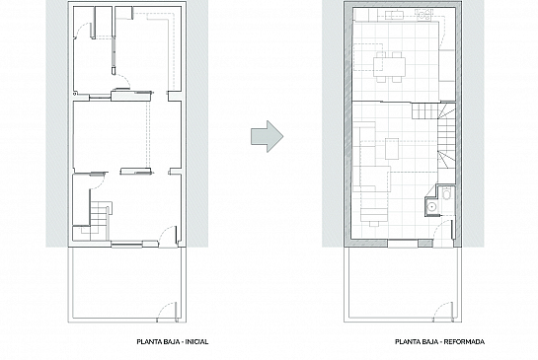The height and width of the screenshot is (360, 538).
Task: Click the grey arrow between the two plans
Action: pyautogui.click(x=267, y=136)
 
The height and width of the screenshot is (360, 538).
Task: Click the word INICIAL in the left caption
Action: pyautogui.click(x=196, y=342)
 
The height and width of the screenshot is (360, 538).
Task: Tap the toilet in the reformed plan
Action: pyautogui.click(x=446, y=193)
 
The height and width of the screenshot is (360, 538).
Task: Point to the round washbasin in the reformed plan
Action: pyautogui.click(x=431, y=206)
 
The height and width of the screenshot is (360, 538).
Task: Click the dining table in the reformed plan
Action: pyautogui.click(x=389, y=67)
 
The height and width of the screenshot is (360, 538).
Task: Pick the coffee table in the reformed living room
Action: pyautogui.click(x=392, y=149)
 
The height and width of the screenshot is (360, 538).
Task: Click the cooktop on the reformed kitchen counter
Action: pyautogui.click(x=424, y=14)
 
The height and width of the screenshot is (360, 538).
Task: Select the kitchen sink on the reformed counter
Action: pyautogui.click(x=394, y=15)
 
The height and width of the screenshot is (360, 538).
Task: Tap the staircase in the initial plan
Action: pyautogui.click(x=100, y=216)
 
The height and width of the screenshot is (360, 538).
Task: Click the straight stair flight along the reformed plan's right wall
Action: pyautogui.click(x=444, y=135)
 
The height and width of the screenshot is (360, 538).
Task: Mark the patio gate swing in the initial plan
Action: pyautogui.click(x=167, y=312)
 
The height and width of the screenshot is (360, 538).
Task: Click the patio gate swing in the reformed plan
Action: pyautogui.click(x=443, y=312)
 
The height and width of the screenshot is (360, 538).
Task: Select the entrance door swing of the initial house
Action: pyautogui.click(x=168, y=236)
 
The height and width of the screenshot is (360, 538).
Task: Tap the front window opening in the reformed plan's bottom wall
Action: pyautogui.click(x=403, y=244)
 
